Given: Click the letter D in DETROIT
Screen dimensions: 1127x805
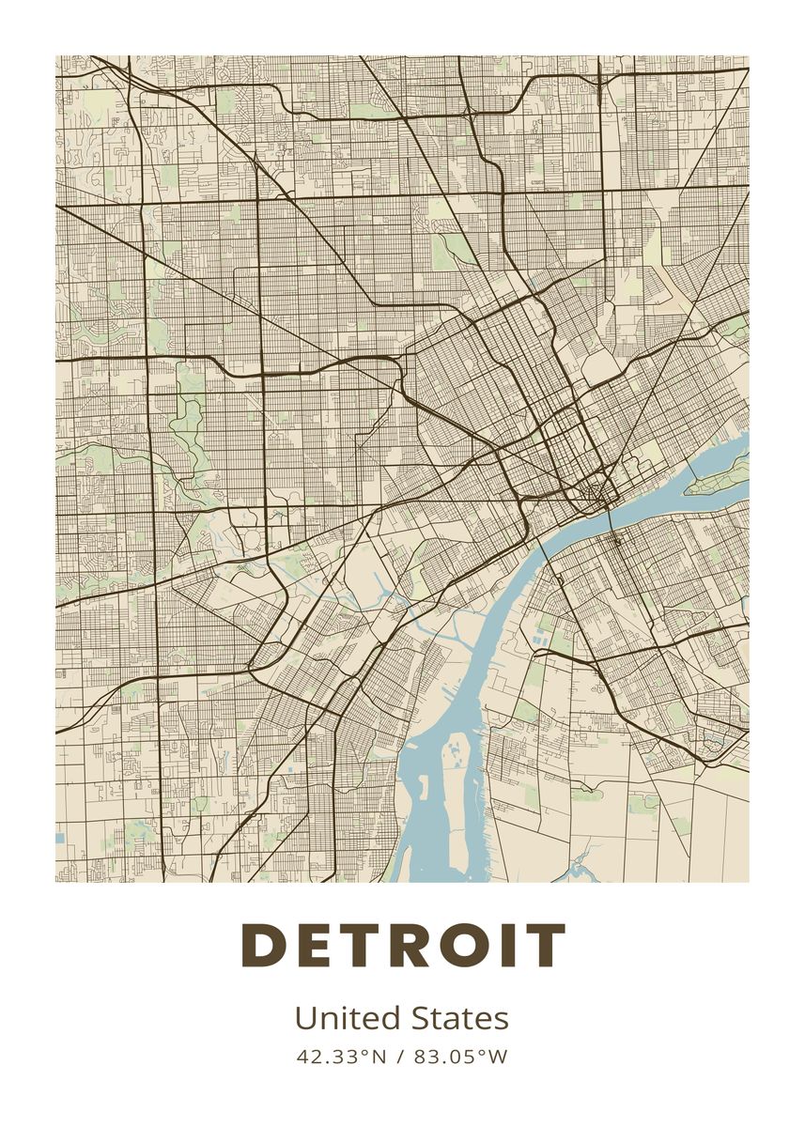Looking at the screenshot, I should click(265, 946).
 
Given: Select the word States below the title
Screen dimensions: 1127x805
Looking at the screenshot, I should click(459, 1018).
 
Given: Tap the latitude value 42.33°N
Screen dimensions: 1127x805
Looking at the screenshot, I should click(341, 1057).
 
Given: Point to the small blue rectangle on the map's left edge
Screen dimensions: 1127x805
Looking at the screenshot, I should click(60, 837).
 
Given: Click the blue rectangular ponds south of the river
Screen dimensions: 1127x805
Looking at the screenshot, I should click(539, 641).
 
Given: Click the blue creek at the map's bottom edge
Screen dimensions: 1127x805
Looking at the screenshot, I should click(575, 869).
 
